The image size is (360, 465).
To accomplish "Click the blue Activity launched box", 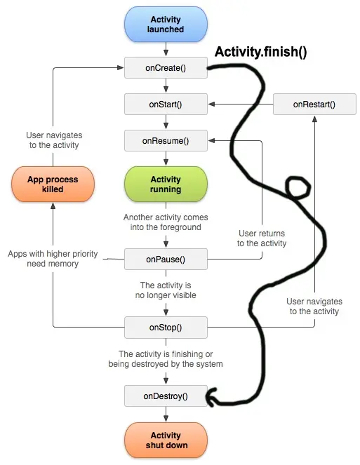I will [166, 25].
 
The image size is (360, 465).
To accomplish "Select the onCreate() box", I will [166, 69].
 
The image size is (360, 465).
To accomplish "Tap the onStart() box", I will [166, 105].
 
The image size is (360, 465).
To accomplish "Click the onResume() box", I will [166, 140].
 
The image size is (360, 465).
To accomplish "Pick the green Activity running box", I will [166, 184].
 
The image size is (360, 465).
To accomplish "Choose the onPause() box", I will [166, 259].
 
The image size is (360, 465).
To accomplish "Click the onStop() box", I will [166, 326].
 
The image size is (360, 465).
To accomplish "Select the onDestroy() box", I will [166, 396].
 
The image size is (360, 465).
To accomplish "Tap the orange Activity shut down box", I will [166, 440].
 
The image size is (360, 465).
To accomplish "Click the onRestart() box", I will [314, 105].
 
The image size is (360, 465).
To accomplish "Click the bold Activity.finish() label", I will [260, 52].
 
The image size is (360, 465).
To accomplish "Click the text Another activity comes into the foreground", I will [166, 222].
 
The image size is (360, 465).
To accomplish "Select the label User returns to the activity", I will [262, 238].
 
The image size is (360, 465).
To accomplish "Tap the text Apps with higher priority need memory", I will [44, 259].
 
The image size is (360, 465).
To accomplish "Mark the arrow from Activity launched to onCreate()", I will [166, 49].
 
